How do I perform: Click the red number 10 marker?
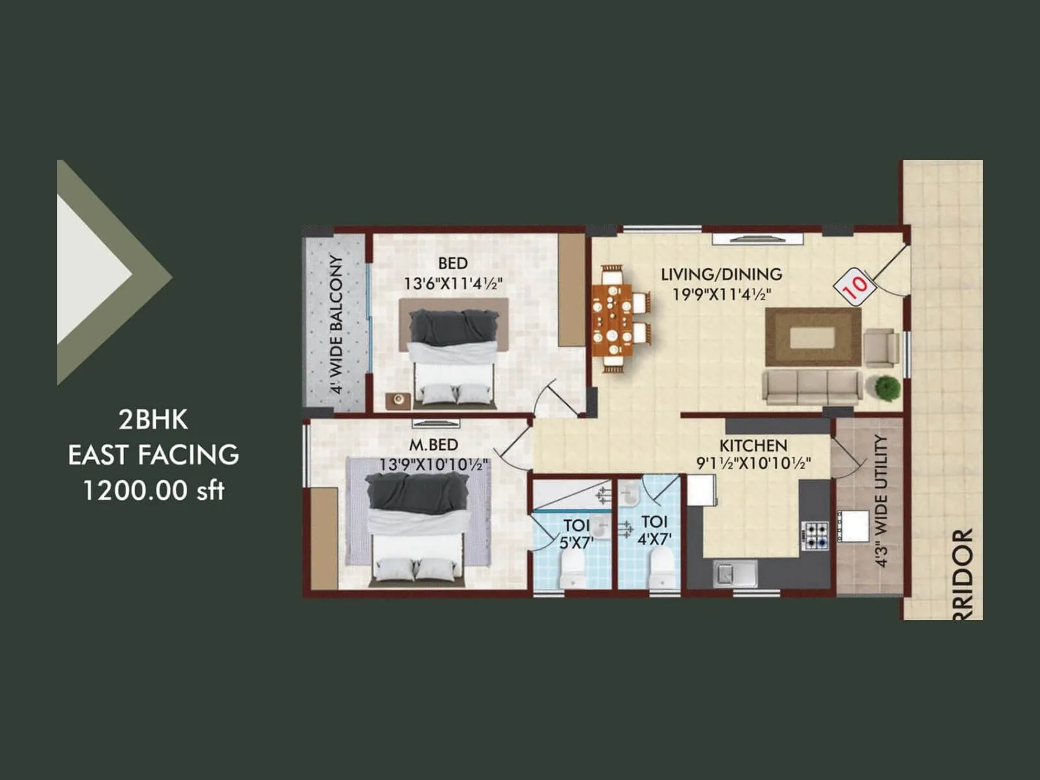tap(855, 285)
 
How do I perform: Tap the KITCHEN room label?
tap(753, 446)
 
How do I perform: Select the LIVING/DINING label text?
tap(721, 274)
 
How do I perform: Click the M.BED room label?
tap(434, 445)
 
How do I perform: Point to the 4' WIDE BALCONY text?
tap(336, 324)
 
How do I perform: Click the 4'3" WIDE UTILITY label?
tap(881, 500)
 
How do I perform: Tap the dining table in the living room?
tap(612, 318)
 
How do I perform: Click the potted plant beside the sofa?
tap(887, 388)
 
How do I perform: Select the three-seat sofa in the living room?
tap(812, 387)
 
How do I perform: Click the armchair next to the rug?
tap(880, 347)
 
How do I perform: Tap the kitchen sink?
tap(734, 573)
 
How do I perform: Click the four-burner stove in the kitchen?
tap(815, 536)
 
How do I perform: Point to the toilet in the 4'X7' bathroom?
tap(660, 567)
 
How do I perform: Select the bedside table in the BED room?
tap(398, 400)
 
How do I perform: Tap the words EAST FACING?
tap(153, 455)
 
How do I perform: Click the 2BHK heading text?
tap(153, 420)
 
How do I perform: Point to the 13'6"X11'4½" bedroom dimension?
tap(453, 284)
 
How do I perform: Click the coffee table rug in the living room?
tap(812, 337)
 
